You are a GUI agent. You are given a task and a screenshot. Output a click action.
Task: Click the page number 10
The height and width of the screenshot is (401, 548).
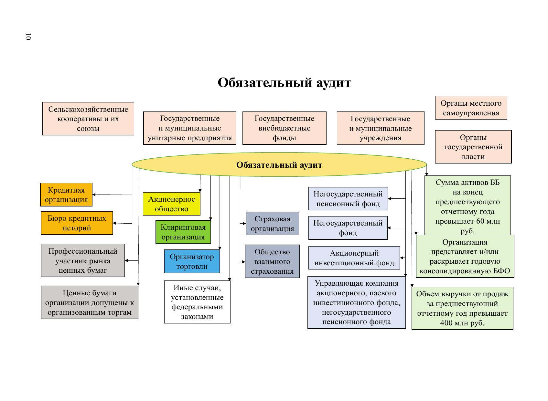pyautogui.click(x=28, y=37)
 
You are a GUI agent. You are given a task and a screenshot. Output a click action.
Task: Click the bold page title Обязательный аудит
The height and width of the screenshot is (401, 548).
pyautogui.click(x=284, y=83)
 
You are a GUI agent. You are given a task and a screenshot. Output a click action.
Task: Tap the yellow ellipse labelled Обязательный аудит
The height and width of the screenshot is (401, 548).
pyautogui.click(x=279, y=165)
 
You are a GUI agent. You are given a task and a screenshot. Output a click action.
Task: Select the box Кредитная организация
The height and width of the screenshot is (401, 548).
pyautogui.click(x=66, y=195)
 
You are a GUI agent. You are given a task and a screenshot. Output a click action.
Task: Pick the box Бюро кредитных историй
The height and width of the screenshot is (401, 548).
pyautogui.click(x=77, y=223)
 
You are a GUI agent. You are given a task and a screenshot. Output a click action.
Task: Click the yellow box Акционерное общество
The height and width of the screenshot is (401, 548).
pyautogui.click(x=172, y=204)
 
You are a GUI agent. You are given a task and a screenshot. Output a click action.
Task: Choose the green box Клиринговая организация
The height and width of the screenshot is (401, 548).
pyautogui.click(x=183, y=232)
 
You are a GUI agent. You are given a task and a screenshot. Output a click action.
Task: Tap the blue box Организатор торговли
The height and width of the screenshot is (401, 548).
pyautogui.click(x=192, y=261)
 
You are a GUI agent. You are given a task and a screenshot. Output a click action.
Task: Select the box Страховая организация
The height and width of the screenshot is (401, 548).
pyautogui.click(x=272, y=224)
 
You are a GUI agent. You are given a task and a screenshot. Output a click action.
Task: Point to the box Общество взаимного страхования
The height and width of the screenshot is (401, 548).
pyautogui.click(x=272, y=261)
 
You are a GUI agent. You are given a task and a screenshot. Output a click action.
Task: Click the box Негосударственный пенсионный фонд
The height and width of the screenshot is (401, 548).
pyautogui.click(x=348, y=199)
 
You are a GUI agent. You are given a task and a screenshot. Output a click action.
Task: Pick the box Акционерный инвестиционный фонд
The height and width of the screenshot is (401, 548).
pyautogui.click(x=354, y=258)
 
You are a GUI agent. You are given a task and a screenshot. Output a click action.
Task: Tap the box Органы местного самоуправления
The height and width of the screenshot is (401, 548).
pyautogui.click(x=471, y=108)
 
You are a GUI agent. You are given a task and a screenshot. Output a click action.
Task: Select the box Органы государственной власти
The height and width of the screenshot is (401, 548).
pyautogui.click(x=473, y=147)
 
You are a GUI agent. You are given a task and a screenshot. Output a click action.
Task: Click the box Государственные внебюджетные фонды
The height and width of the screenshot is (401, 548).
pyautogui.click(x=284, y=128)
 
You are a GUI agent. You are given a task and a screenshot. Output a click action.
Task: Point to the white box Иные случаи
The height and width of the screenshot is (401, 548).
pyautogui.click(x=197, y=302)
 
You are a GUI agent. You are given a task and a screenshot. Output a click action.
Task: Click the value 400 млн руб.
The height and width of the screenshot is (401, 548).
pyautogui.click(x=462, y=323)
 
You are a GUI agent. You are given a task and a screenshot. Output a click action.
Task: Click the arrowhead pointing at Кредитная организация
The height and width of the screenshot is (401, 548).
pyautogui.click(x=94, y=195)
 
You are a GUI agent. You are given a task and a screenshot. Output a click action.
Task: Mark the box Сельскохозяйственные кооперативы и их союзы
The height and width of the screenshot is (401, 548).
pyautogui.click(x=88, y=119)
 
